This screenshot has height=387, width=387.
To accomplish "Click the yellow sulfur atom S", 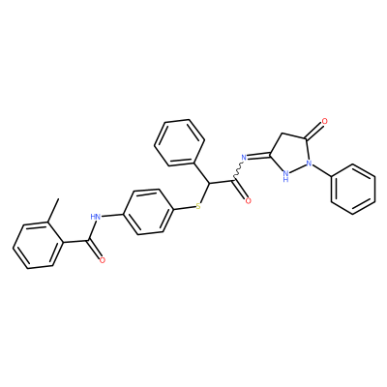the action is pos(198,206).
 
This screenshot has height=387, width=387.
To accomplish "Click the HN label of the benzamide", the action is pos(96,217).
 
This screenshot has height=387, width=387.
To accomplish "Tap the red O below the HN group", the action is pos(103,260).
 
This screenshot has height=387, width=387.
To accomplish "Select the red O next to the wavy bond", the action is pos(248,201).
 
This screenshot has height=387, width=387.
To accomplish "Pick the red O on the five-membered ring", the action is pos(324,122).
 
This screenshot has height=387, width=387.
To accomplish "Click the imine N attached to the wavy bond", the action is pos(244,158).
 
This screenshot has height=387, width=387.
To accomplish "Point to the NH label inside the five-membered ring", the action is pos(285,176).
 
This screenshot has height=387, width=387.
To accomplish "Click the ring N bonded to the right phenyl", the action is pos(310,164).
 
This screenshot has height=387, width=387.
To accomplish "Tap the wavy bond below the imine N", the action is pos(238,169).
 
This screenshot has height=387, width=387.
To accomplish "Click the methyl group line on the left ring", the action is pos(53,210).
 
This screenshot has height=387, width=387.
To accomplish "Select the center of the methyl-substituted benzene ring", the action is pos(38,245).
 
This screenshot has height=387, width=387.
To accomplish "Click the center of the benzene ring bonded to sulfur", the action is pos(148,212).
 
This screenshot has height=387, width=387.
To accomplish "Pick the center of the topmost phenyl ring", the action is pos(179,142).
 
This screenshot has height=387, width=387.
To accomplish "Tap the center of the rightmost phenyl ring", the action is pos(353,189).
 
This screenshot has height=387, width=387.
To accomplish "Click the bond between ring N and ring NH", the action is pos(298,169).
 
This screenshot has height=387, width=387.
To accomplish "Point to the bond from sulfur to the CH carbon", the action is pos(204,193).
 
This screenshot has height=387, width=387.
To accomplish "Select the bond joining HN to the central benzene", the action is pos(112,215).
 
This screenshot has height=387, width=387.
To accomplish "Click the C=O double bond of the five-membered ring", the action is pos(313,131).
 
